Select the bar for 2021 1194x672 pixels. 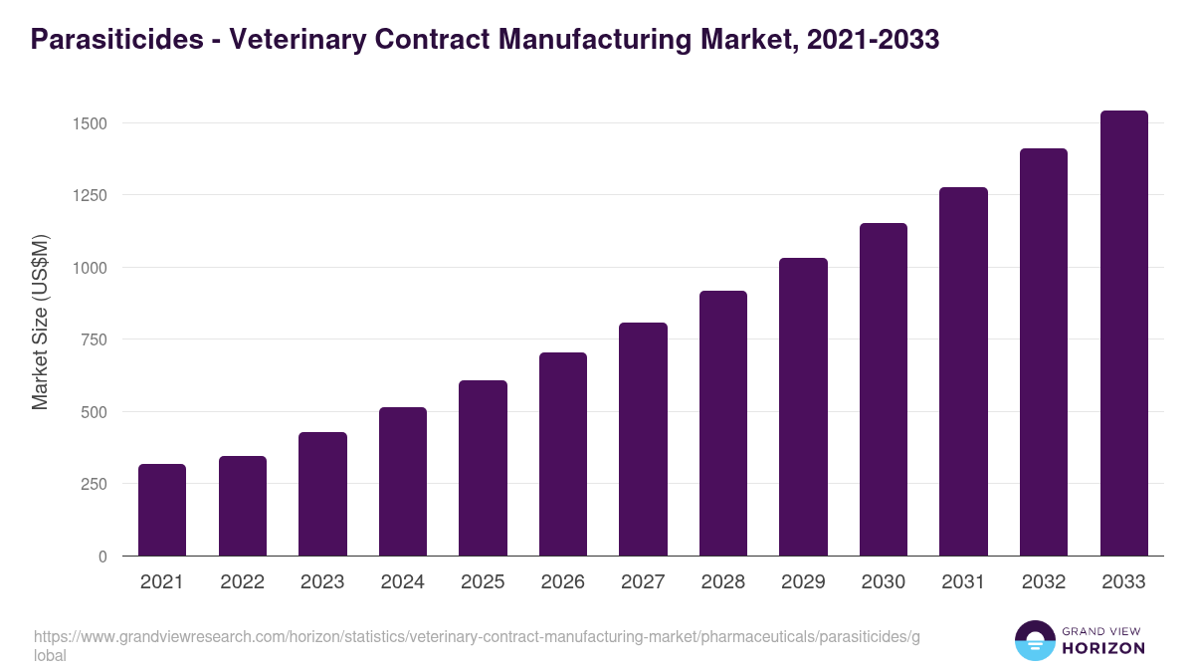162,510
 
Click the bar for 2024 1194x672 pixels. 403,482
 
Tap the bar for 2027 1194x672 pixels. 643,439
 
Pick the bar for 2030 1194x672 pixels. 884,389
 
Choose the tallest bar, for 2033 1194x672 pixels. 1123,334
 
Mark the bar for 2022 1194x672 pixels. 243,506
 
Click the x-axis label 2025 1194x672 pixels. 483,582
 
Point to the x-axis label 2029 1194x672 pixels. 803,582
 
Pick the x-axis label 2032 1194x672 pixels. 1044,582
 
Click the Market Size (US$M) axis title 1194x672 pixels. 40,322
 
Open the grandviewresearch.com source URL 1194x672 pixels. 478,637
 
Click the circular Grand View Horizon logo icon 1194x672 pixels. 1034,640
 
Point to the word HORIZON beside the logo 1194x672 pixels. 1103,648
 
